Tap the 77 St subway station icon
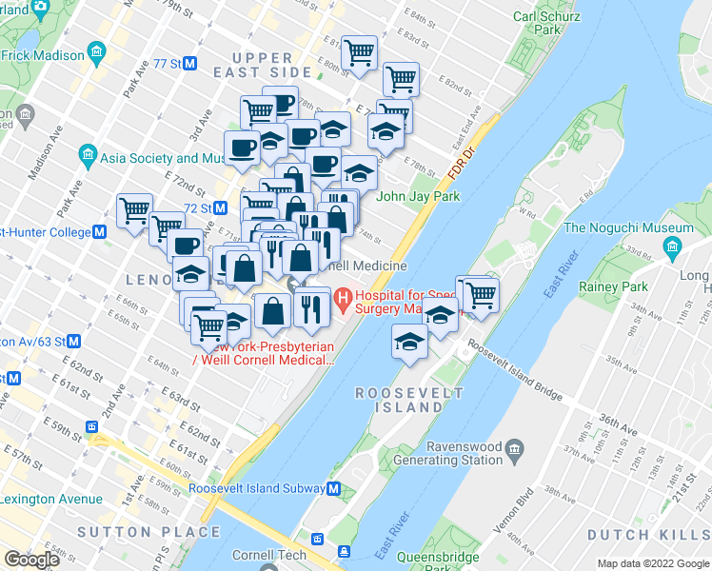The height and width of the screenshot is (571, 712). (189, 64)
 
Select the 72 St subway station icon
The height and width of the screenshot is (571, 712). (220, 207)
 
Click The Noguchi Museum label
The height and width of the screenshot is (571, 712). (628, 228)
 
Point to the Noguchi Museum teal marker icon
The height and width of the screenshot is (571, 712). (672, 248)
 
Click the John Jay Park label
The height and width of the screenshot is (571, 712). (418, 197)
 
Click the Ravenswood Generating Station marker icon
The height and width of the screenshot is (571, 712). (515, 447)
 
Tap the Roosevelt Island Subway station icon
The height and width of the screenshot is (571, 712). (333, 489)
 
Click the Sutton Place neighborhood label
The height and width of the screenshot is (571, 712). (148, 531)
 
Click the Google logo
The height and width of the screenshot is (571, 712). (31, 560)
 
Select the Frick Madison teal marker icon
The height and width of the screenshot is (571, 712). (95, 51)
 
